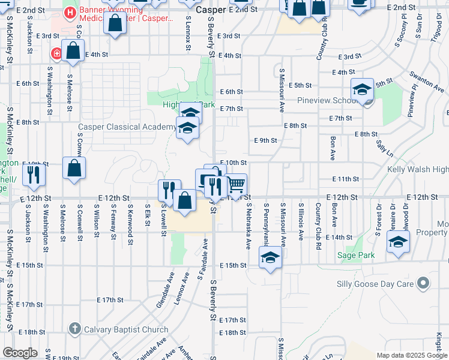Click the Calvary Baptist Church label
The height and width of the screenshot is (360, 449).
[x=126, y=329]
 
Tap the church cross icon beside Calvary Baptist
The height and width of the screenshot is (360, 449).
[x=74, y=329]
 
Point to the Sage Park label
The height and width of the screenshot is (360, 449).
[x=356, y=255]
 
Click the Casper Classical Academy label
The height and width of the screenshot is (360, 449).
[x=127, y=127]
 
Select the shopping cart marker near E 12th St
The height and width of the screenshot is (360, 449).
[x=236, y=184]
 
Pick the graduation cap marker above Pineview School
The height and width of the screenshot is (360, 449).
[x=363, y=89]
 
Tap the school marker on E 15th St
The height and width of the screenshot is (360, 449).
[x=271, y=258]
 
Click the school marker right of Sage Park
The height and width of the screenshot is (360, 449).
[x=398, y=242]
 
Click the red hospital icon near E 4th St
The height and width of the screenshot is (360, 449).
[x=56, y=53]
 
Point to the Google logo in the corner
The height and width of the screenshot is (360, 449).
[x=20, y=353]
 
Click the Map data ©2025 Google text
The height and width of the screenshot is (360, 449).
[x=412, y=355]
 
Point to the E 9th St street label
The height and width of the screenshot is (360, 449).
[x=265, y=140]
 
